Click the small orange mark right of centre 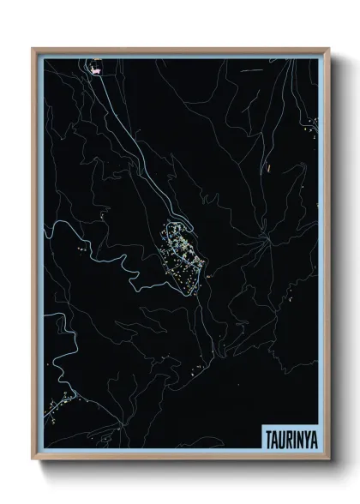click(267, 168)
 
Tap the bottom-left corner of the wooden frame click(33, 462)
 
